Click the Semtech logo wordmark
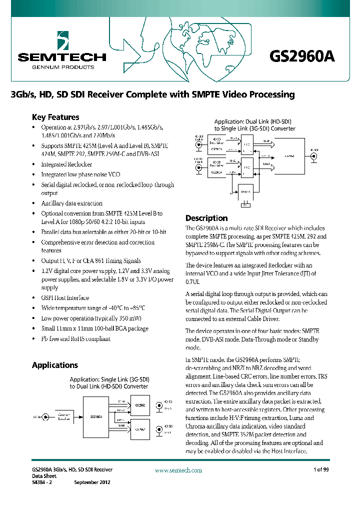click(x=62, y=57)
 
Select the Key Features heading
click(x=55, y=117)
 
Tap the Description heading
click(x=206, y=218)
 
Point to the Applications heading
click(x=55, y=365)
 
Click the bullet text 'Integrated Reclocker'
click(x=66, y=164)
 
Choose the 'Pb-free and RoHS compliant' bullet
click(x=76, y=338)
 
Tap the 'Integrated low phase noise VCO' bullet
click(x=80, y=174)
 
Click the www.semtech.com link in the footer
click(x=178, y=470)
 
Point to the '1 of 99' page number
click(x=321, y=469)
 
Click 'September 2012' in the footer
click(x=92, y=482)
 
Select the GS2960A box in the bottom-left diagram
click(x=96, y=416)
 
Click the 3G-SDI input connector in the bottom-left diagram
click(x=46, y=416)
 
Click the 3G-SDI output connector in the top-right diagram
click(x=313, y=155)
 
